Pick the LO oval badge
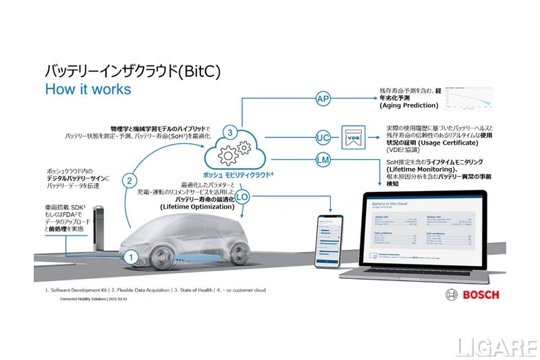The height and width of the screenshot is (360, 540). pyautogui.click(x=242, y=197)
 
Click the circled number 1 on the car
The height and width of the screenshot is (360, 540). pyautogui.click(x=132, y=257)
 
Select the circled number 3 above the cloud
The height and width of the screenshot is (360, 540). pyautogui.click(x=230, y=133)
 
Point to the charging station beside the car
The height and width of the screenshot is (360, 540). pyautogui.click(x=98, y=232)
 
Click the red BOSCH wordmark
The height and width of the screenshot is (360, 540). pyautogui.click(x=481, y=294)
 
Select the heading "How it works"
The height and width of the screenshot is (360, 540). pyautogui.click(x=88, y=89)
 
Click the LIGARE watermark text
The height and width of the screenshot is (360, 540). pyautogui.click(x=495, y=346)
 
